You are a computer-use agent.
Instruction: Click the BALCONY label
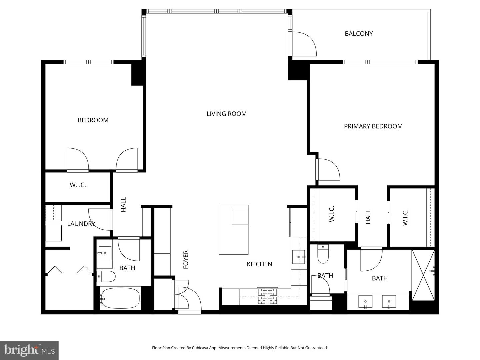click(359, 34)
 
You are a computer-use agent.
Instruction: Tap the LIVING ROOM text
click(226, 114)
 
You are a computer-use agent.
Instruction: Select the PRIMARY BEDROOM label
click(373, 126)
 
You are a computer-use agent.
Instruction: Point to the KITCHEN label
click(259, 264)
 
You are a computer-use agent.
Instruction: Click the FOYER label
click(186, 259)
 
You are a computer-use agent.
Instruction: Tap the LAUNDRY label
click(81, 224)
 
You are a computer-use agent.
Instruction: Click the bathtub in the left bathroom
click(120, 298)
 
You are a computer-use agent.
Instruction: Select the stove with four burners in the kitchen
click(267, 296)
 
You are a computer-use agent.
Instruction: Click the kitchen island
click(233, 230)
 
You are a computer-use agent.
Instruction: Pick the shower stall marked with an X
click(423, 275)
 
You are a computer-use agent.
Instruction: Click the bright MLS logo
click(29, 350)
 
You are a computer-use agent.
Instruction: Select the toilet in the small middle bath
click(323, 254)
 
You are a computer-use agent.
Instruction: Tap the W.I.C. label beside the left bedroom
click(78, 185)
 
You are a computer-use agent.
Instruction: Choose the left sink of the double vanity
click(365, 302)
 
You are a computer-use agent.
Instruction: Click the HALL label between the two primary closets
click(368, 217)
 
